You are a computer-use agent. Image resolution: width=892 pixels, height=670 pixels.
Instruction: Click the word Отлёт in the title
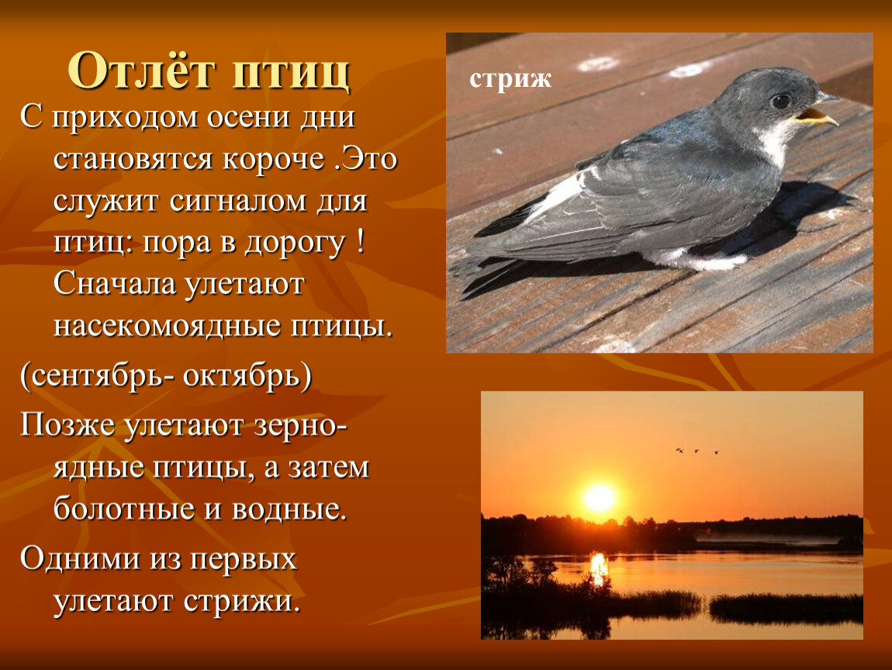pyautogui.click(x=142, y=71)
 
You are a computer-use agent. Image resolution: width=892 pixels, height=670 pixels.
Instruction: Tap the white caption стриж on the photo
pyautogui.click(x=510, y=79)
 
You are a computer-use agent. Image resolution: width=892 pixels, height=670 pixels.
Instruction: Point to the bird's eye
pyautogui.click(x=780, y=102)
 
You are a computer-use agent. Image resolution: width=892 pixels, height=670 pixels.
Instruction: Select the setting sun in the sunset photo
pyautogui.click(x=599, y=498)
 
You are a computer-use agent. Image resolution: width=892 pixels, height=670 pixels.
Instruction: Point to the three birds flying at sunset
pyautogui.click(x=697, y=451)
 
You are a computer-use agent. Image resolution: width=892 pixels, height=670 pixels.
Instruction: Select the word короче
pyautogui.click(x=273, y=159)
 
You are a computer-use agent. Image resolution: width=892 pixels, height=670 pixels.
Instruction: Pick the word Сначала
pyautogui.click(x=114, y=285)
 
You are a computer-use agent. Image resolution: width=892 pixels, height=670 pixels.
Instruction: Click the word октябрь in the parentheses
pyautogui.click(x=247, y=375)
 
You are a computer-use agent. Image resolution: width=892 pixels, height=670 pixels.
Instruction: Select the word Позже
pyautogui.click(x=67, y=426)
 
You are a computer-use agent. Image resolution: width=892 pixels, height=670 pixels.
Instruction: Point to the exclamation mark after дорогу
pyautogui.click(x=360, y=242)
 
